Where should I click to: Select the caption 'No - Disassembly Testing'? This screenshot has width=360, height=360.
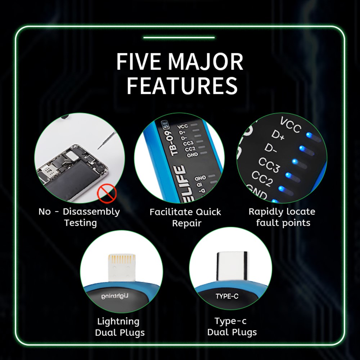point(79,217)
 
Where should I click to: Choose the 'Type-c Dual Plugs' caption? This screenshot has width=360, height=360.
point(232,327)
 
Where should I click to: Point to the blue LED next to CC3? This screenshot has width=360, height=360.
point(288,175)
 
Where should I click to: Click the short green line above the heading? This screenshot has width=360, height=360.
point(179,37)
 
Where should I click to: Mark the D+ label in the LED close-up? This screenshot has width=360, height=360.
point(278,136)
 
